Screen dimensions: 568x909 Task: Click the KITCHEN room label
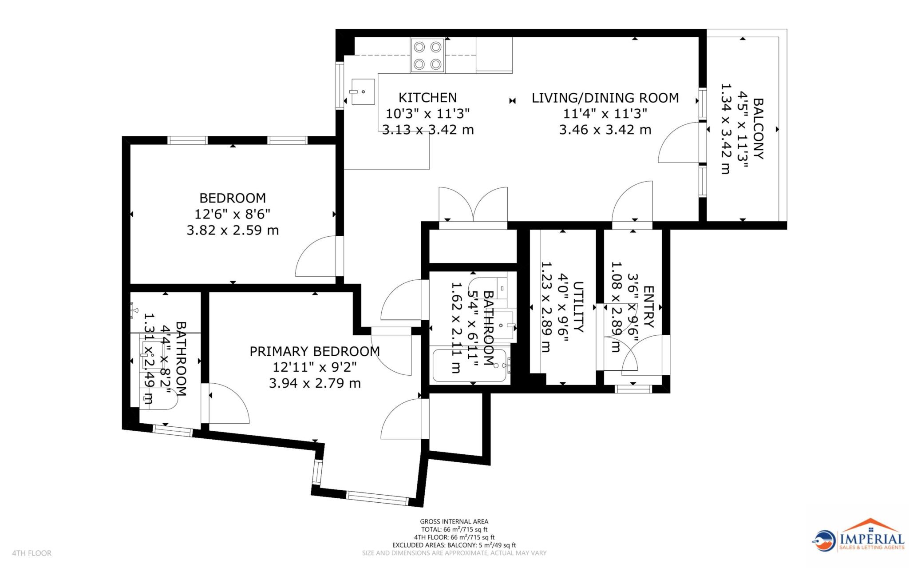click(427, 97)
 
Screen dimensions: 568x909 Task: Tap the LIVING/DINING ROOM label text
click(605, 98)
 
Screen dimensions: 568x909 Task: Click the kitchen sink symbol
click(363, 91)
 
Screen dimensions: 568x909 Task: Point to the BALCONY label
click(758, 129)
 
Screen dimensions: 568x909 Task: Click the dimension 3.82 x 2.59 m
click(233, 230)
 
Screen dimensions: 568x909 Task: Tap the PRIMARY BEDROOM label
click(314, 351)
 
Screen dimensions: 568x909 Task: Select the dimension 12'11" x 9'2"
click(314, 367)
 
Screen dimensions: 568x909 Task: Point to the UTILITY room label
click(578, 306)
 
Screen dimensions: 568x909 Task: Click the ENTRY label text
click(648, 306)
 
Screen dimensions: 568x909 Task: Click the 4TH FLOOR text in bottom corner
click(32, 553)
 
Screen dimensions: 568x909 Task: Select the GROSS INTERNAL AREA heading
click(454, 521)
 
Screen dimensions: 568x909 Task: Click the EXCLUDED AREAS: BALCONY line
click(454, 545)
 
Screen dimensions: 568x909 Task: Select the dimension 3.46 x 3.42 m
click(605, 130)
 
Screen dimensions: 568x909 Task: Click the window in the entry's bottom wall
click(633, 389)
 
